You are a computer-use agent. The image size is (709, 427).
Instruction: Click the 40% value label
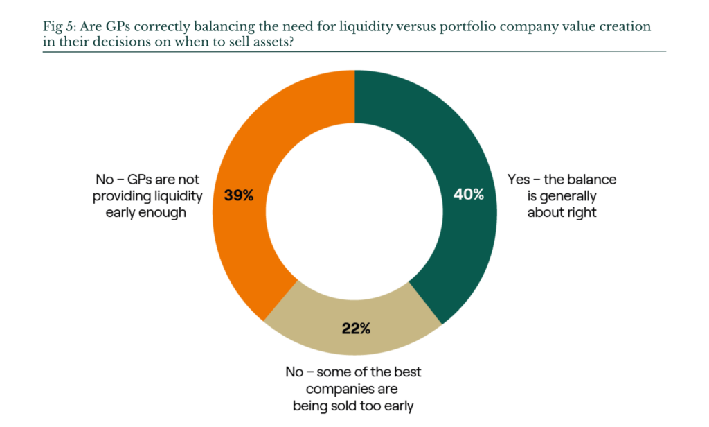pos(469,194)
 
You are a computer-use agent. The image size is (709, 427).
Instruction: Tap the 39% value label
pos(239,195)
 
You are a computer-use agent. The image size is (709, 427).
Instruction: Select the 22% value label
pos(356,329)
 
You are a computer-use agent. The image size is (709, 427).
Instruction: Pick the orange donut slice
pos(244,150)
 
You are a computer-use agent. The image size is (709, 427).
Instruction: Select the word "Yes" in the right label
pos(518,180)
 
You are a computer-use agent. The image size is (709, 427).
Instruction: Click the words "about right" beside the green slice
pos(562,212)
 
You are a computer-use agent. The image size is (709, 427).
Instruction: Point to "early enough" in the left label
pos(145,212)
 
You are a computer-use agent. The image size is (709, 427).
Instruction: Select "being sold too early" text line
pos(352,406)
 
